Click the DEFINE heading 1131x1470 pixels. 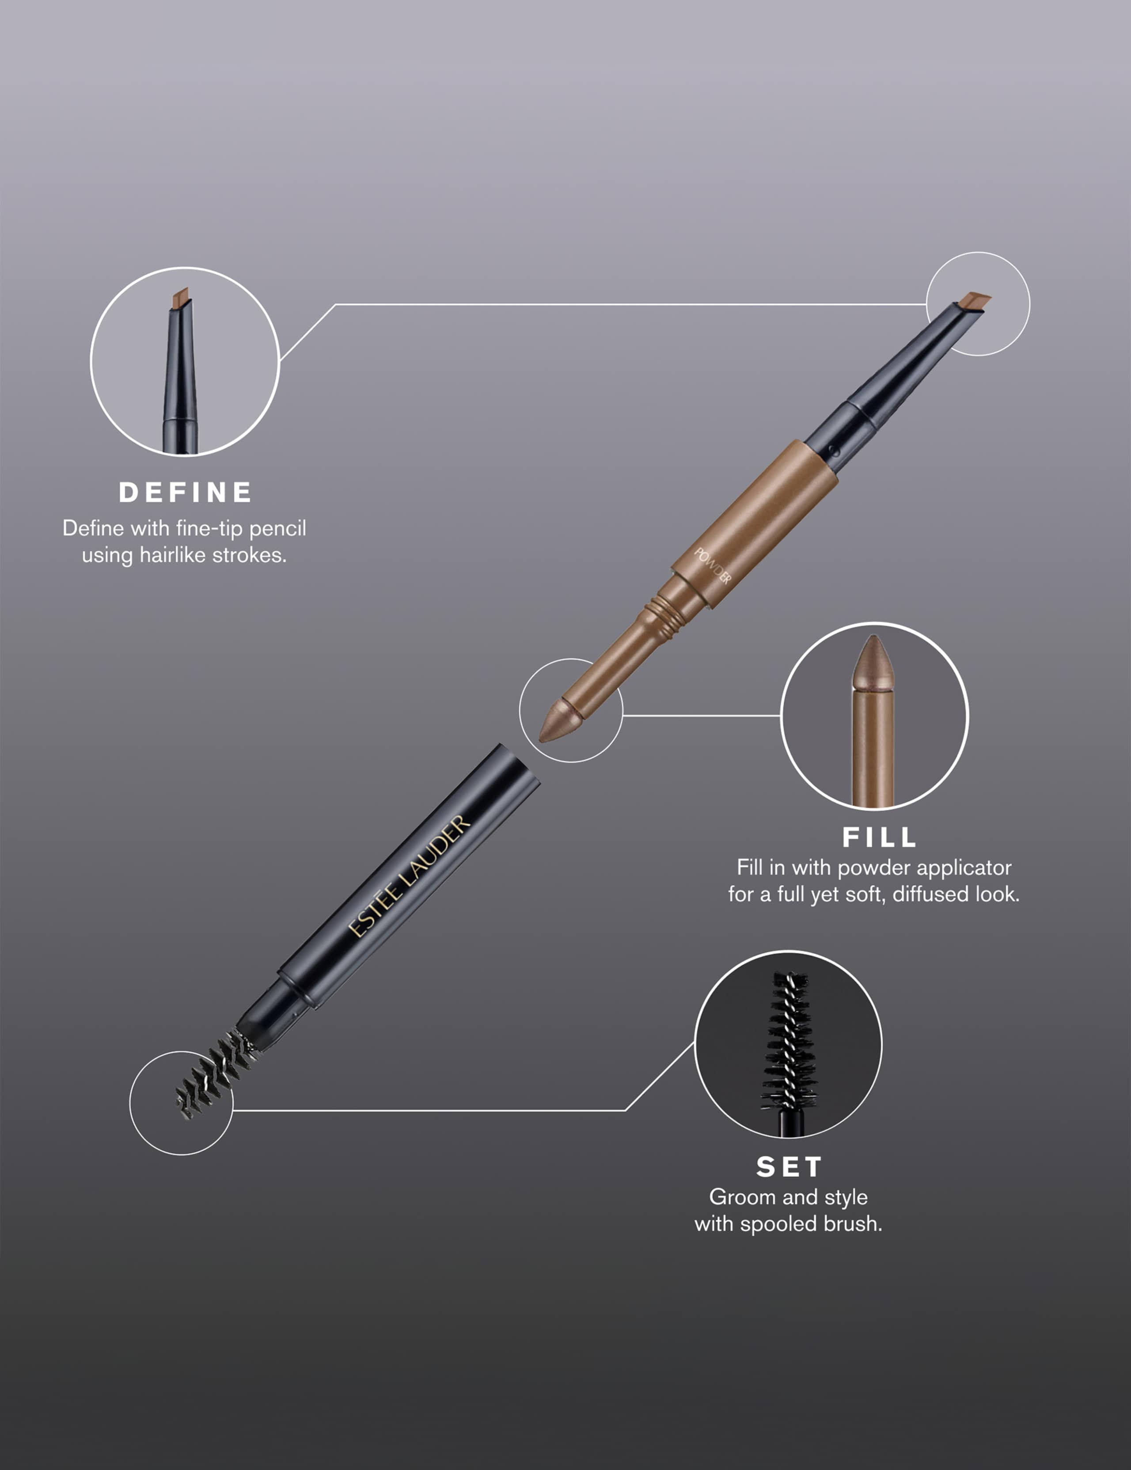[185, 493]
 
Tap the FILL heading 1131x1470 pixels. [879, 837]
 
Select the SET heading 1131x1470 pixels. [788, 1167]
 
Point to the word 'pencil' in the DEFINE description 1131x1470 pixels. [277, 528]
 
